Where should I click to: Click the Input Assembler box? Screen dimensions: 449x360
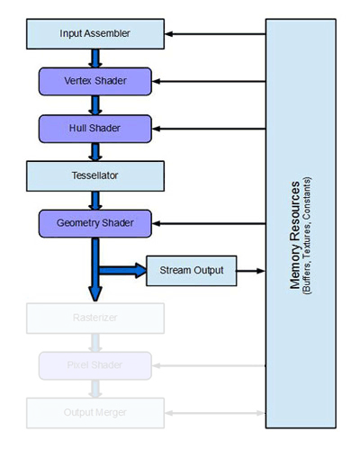pos(95,34)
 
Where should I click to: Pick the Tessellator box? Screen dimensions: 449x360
pos(95,175)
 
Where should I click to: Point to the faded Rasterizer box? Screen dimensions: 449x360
pos(95,317)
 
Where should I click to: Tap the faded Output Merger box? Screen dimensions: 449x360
pos(95,411)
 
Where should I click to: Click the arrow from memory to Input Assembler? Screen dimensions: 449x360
pos(216,34)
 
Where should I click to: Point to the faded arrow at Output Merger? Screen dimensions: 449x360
pos(216,411)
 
